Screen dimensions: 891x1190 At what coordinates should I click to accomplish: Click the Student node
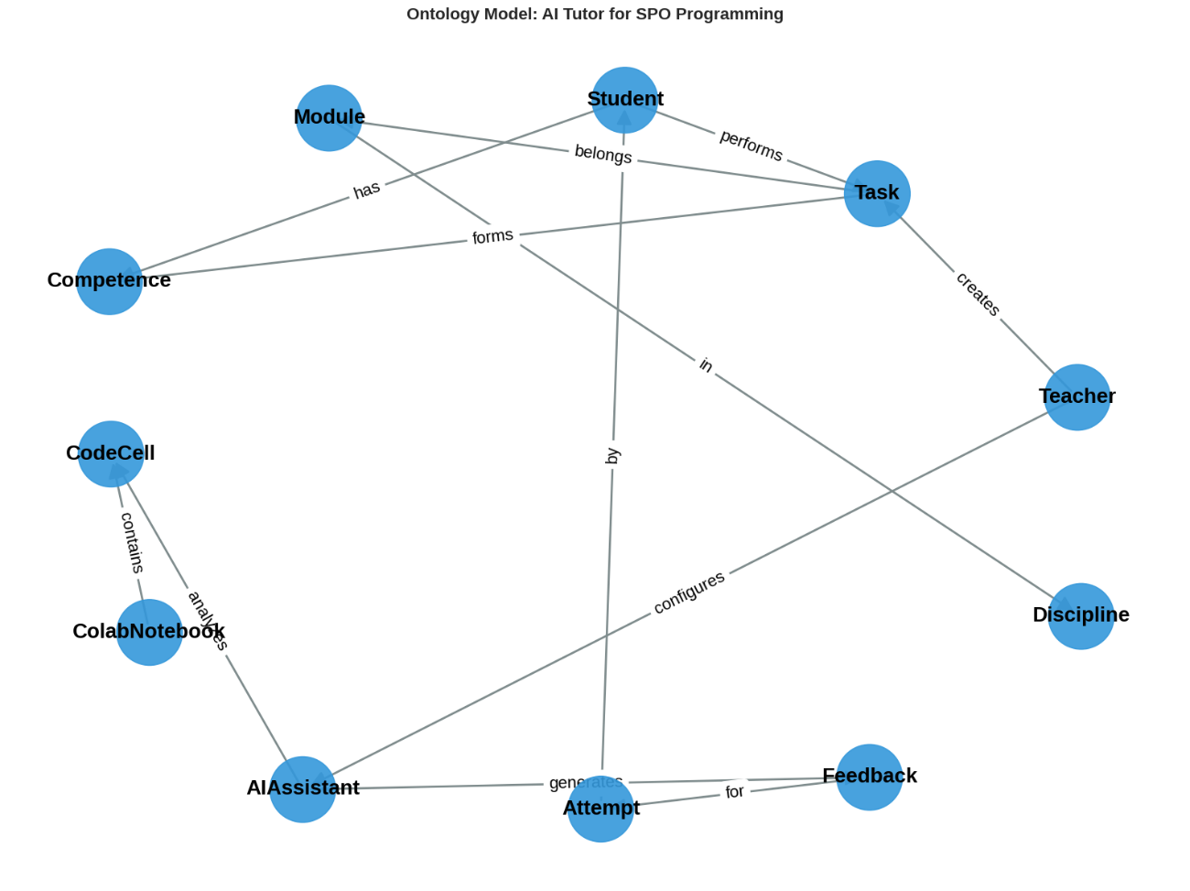(625, 100)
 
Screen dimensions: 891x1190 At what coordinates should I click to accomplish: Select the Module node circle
(329, 118)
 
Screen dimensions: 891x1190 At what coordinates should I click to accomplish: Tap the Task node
(877, 193)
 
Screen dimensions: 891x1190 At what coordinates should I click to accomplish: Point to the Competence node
(110, 281)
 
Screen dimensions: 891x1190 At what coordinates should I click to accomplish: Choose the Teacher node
(1077, 397)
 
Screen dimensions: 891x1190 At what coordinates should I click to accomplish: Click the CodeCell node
(111, 454)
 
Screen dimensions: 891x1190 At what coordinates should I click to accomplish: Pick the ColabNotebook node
(149, 632)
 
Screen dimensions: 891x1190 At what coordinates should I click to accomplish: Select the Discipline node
(1081, 616)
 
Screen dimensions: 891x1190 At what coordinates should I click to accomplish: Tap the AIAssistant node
(303, 789)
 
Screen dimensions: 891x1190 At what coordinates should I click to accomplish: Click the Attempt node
(600, 810)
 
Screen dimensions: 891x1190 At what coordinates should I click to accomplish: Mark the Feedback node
(870, 777)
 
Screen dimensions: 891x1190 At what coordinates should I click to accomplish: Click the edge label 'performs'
(752, 145)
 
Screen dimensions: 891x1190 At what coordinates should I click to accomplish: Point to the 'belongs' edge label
(603, 154)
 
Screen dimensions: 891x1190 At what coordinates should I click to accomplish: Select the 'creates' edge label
(978, 294)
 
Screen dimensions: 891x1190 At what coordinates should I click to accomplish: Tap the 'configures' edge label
(689, 592)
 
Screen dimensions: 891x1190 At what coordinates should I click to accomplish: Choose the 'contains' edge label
(133, 542)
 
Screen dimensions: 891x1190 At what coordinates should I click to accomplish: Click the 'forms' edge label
(492, 236)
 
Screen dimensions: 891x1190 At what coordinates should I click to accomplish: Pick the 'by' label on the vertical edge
(612, 456)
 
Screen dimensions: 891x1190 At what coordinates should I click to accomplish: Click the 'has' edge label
(366, 190)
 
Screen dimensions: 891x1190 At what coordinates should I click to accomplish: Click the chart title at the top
(595, 14)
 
